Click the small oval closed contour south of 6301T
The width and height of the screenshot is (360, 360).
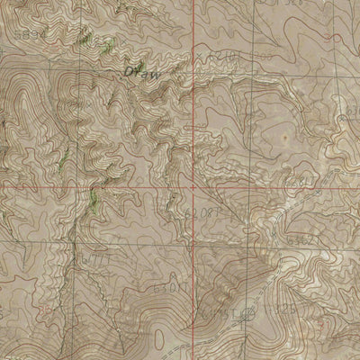(x=162, y=339)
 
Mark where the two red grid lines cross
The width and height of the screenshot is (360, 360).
(x=192, y=189)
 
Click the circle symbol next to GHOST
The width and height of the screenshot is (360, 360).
(x=251, y=310)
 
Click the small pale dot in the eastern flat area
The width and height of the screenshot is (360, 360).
(x=285, y=138)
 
